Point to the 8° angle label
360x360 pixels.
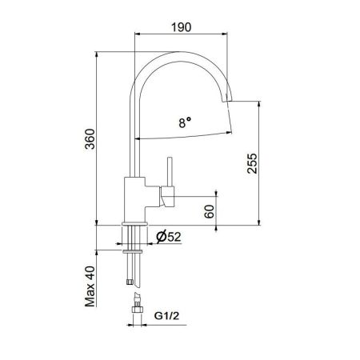tap(185, 123)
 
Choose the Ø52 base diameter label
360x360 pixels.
tap(167, 238)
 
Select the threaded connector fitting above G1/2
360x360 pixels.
tap(137, 307)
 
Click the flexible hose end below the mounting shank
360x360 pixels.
tap(130, 280)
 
